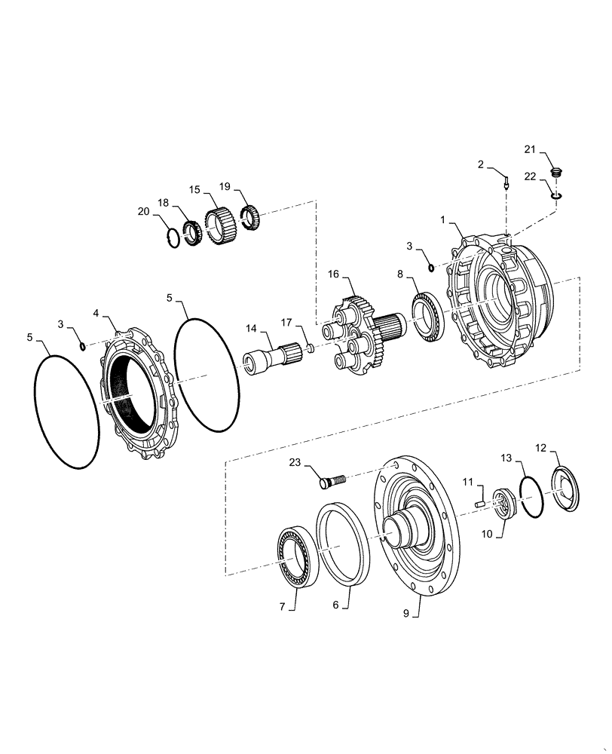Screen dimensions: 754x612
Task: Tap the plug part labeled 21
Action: click(x=557, y=173)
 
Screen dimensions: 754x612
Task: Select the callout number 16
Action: click(x=333, y=277)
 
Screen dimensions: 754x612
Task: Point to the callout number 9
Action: click(x=405, y=615)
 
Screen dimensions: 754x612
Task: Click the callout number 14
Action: click(x=251, y=329)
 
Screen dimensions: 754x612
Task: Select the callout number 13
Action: click(x=506, y=458)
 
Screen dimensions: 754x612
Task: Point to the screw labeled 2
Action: click(x=506, y=181)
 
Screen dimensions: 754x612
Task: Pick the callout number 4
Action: click(x=96, y=312)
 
